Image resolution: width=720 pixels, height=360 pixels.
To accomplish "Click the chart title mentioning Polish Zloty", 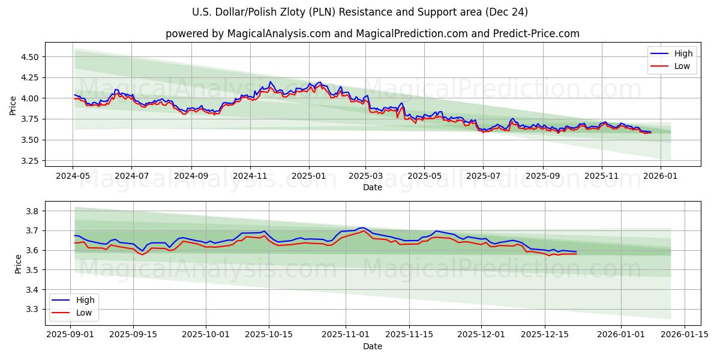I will click(x=360, y=12).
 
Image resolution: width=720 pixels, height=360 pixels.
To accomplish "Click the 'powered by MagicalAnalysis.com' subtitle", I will click(x=372, y=34).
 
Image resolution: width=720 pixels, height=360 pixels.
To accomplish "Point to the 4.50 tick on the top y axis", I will click(x=30, y=57).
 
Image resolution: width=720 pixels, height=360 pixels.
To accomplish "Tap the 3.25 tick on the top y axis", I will click(x=30, y=161).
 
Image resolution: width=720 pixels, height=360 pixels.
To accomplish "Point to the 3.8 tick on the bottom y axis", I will click(x=33, y=211).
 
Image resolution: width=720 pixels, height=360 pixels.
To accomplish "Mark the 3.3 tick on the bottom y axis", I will click(x=33, y=310).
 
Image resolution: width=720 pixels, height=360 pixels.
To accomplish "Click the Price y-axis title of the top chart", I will click(x=13, y=105).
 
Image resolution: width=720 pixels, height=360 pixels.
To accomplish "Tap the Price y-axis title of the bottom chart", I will click(x=18, y=264).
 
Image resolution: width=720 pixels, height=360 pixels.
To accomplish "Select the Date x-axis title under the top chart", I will click(x=372, y=187).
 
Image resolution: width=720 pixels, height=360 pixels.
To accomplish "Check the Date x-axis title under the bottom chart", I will click(x=372, y=346).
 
